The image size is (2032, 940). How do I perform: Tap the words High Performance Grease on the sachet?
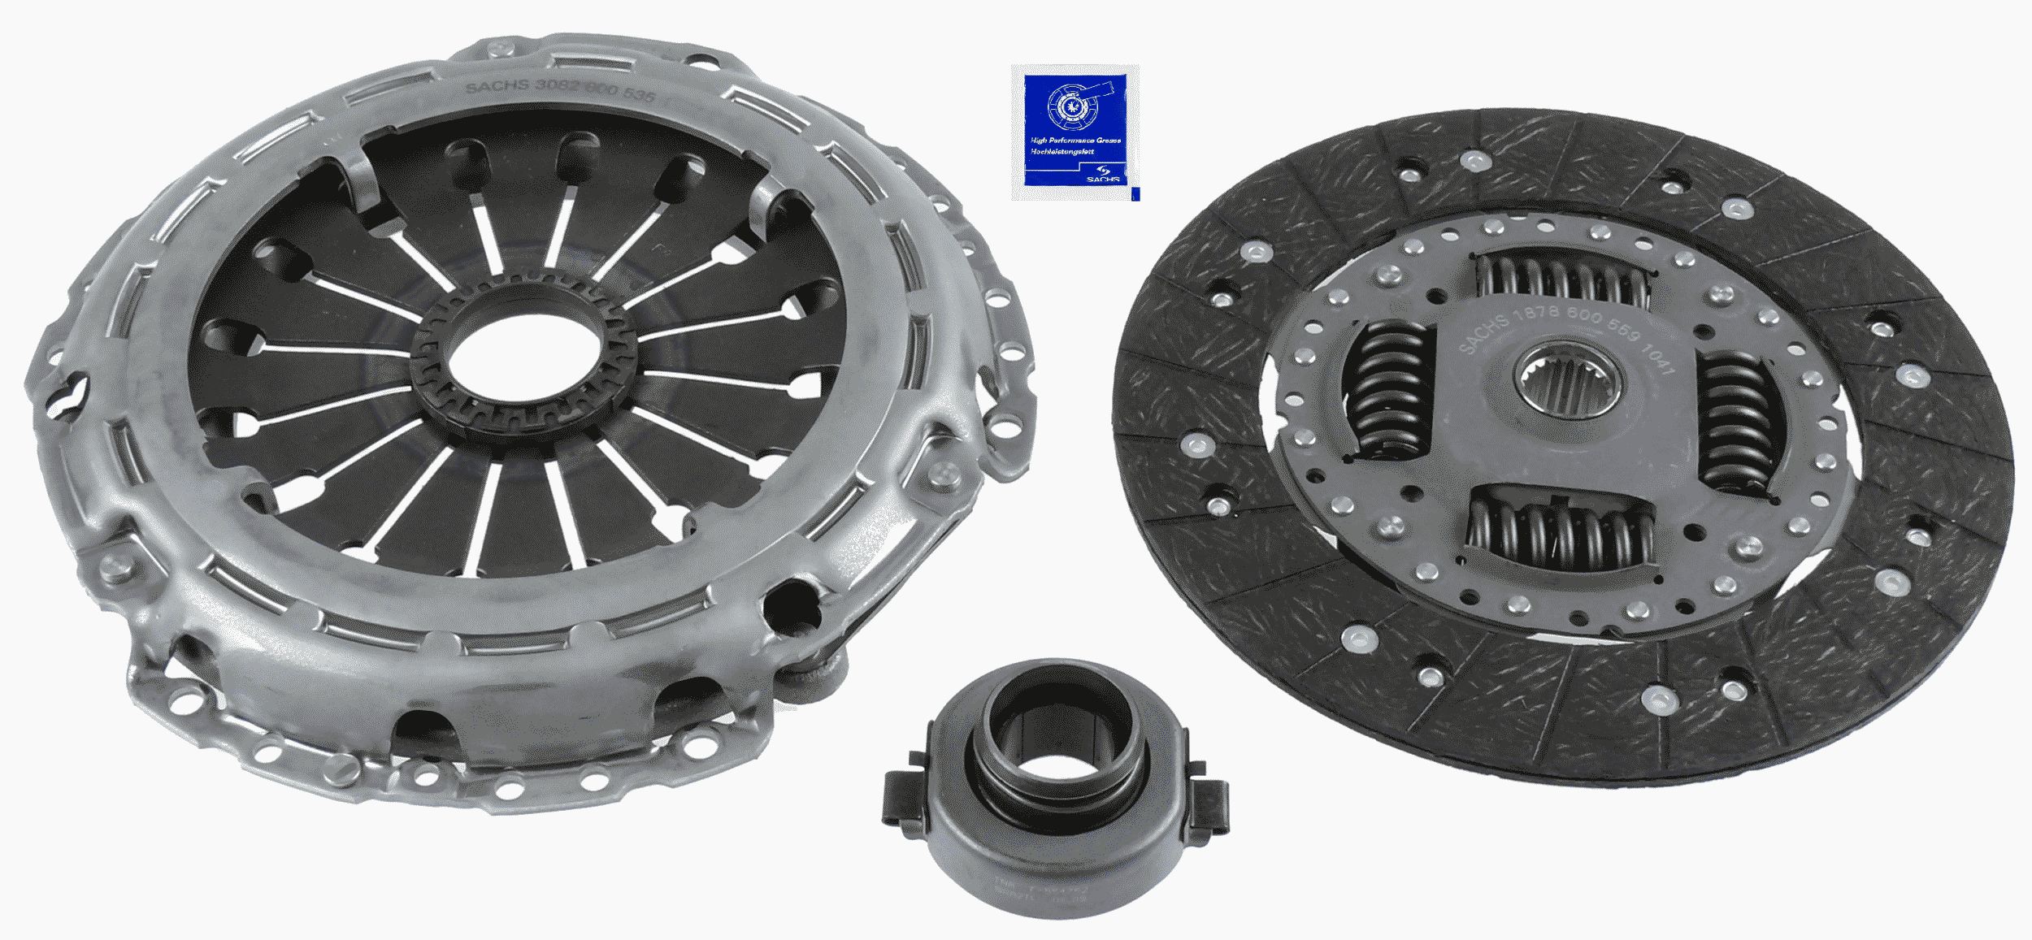(1075, 141)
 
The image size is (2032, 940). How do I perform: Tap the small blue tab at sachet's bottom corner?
(1133, 193)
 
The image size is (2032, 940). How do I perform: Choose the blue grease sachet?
(1075, 132)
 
